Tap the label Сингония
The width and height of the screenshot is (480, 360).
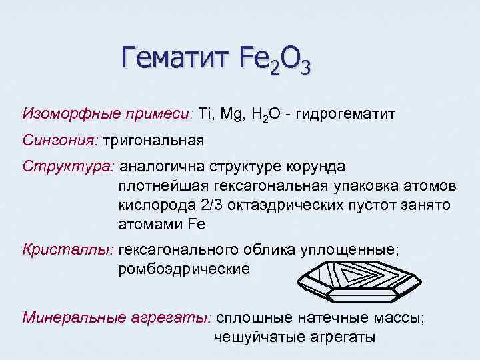tap(60, 141)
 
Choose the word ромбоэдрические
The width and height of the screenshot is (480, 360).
tap(184, 269)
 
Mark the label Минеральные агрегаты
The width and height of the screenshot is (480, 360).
tap(117, 317)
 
